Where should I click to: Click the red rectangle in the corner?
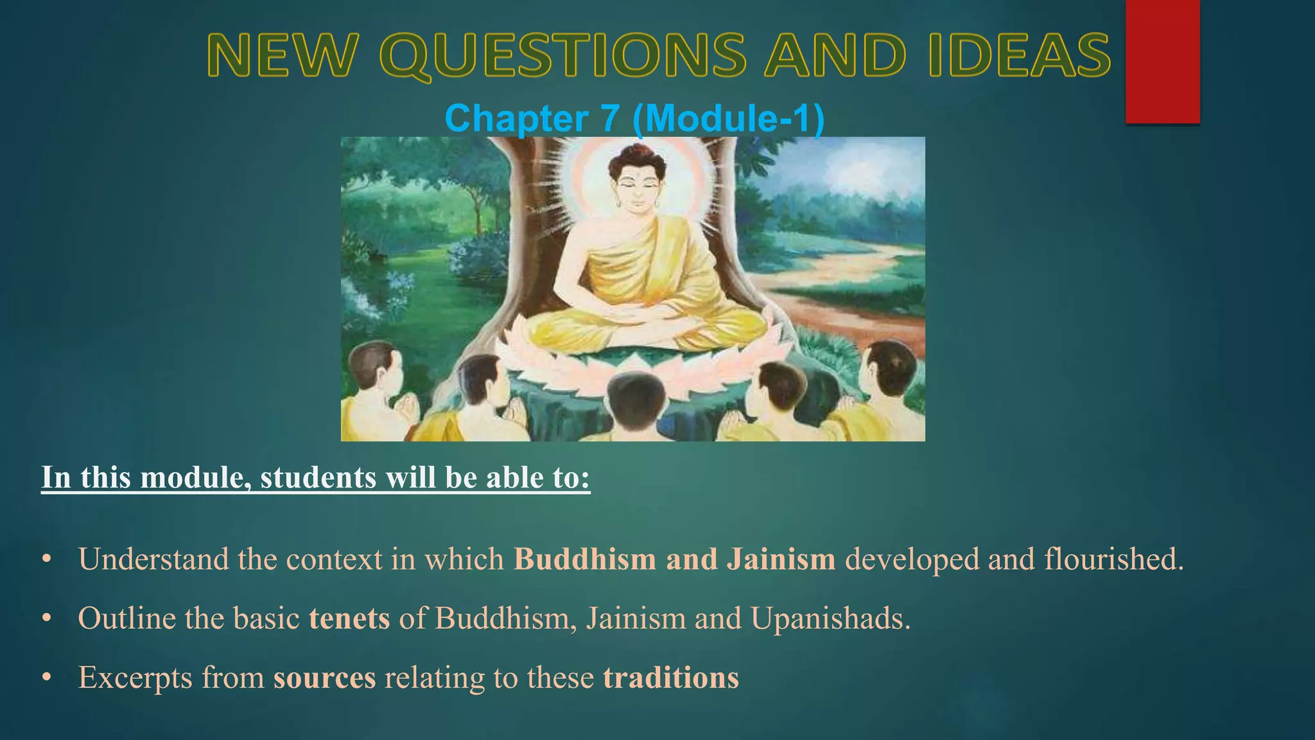pos(1162,61)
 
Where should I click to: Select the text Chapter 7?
pos(532,119)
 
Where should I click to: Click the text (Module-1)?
pos(728,119)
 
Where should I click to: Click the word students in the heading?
pos(318,478)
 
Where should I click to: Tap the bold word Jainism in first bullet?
pos(781,559)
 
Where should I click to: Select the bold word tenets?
pos(349,619)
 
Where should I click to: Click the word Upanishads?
pos(830,619)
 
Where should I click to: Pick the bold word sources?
pos(324,678)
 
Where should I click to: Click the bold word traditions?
pos(671,678)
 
